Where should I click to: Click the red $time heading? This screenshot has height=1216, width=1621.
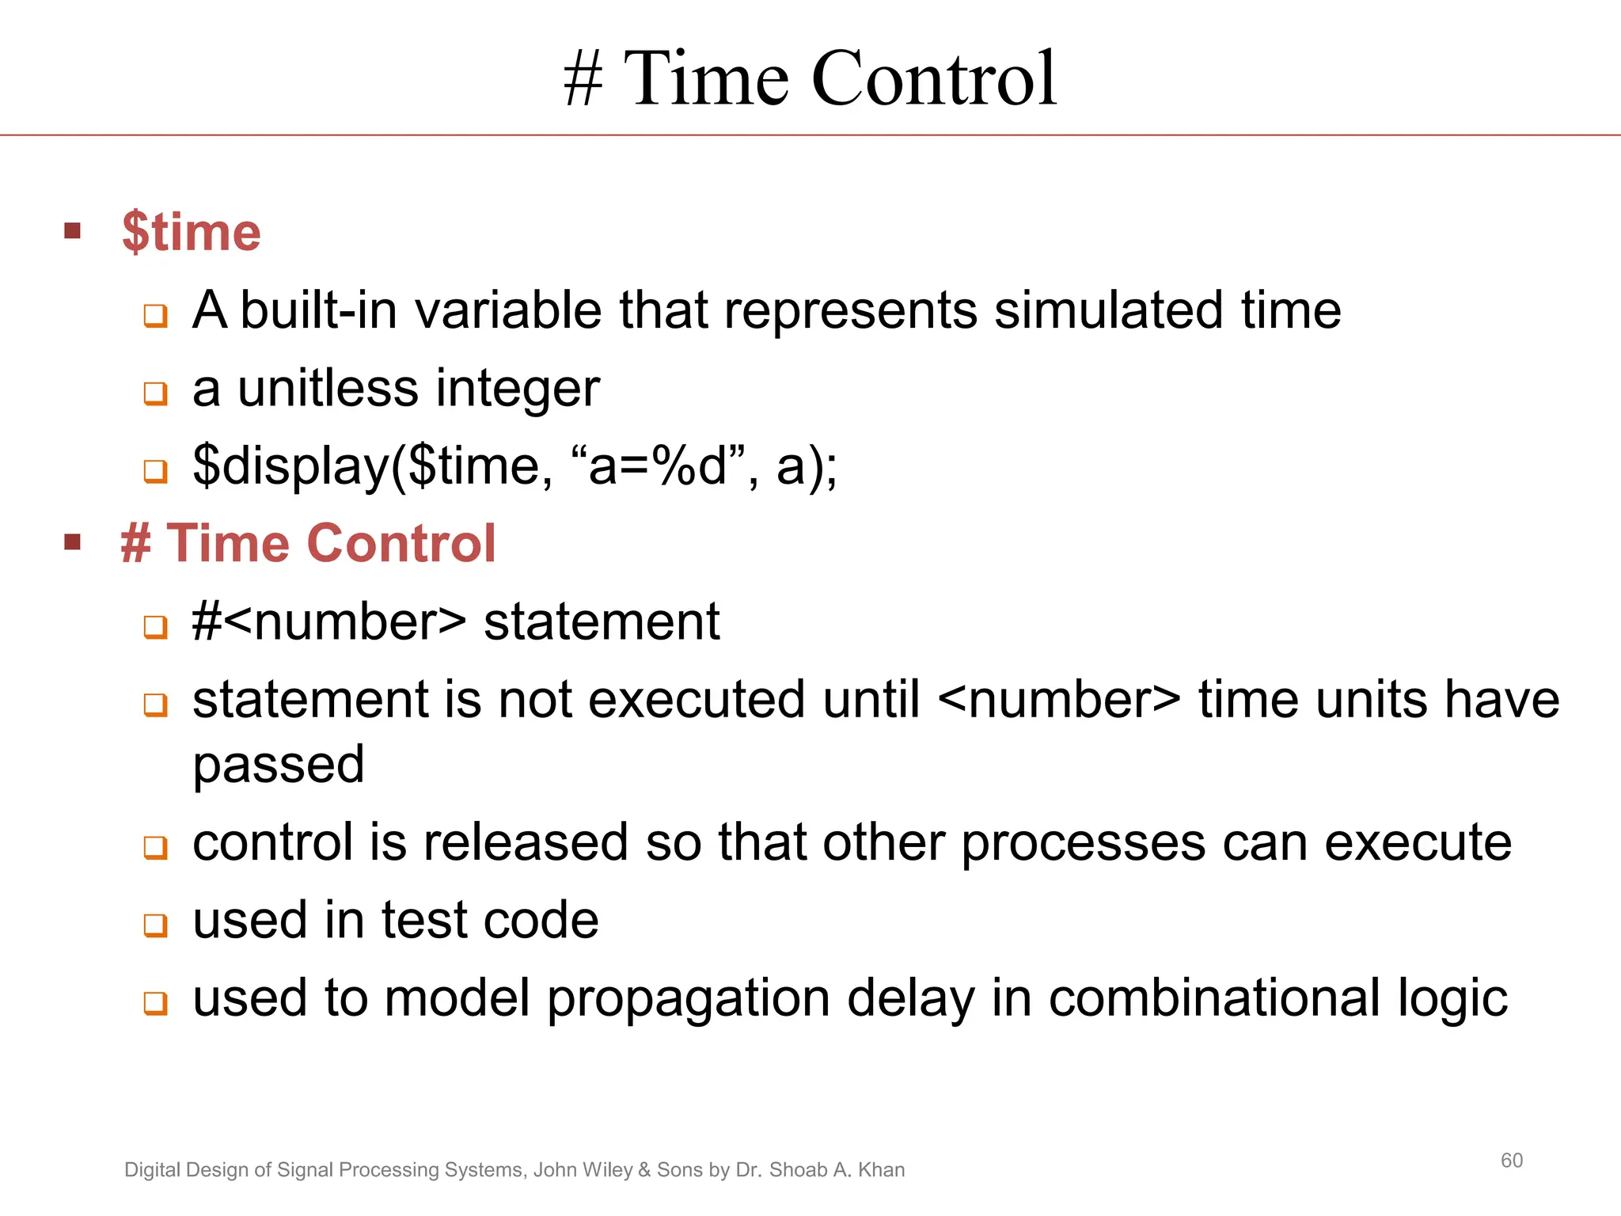click(x=191, y=233)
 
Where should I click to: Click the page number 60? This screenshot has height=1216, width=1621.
click(x=1511, y=1161)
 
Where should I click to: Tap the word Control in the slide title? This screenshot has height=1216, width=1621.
click(x=934, y=78)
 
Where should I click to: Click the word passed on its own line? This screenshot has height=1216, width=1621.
click(x=278, y=766)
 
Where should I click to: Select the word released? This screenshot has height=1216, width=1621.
click(x=526, y=842)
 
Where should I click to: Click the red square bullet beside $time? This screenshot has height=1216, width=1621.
click(x=73, y=231)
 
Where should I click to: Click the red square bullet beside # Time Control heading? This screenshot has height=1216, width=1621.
click(x=73, y=542)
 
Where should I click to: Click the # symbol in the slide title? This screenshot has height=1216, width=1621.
click(x=583, y=80)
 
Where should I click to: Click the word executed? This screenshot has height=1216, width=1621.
click(x=697, y=701)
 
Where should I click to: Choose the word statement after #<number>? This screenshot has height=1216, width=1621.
click(x=602, y=622)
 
